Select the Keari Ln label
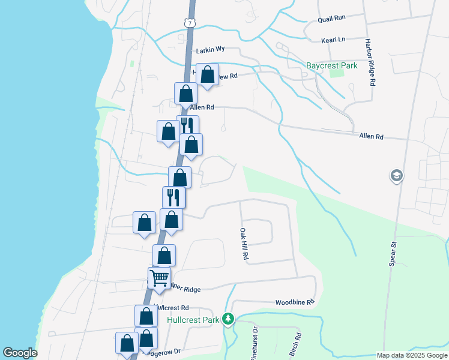click(334, 40)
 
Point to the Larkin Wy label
click(210, 52)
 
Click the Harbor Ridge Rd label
click(370, 64)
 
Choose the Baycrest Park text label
click(331, 65)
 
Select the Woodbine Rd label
click(295, 302)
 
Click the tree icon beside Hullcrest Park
click(228, 319)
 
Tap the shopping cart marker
click(159, 278)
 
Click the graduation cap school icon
click(396, 176)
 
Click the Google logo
click(20, 353)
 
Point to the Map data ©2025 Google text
click(412, 355)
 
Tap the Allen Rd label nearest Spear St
click(371, 137)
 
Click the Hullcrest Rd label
click(172, 307)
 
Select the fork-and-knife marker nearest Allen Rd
click(187, 125)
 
